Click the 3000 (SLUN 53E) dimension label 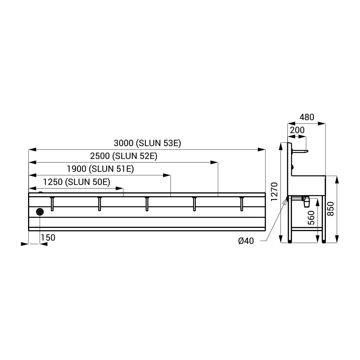coord(147,143)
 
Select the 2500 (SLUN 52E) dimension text coord(123,156)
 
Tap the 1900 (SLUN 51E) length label coord(100,169)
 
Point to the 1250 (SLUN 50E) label coord(77,182)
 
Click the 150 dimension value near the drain coord(48,238)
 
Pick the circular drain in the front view coord(40,212)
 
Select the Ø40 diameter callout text coord(246,241)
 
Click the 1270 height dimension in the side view coord(274,192)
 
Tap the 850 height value coord(330,209)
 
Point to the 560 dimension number coord(311,218)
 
